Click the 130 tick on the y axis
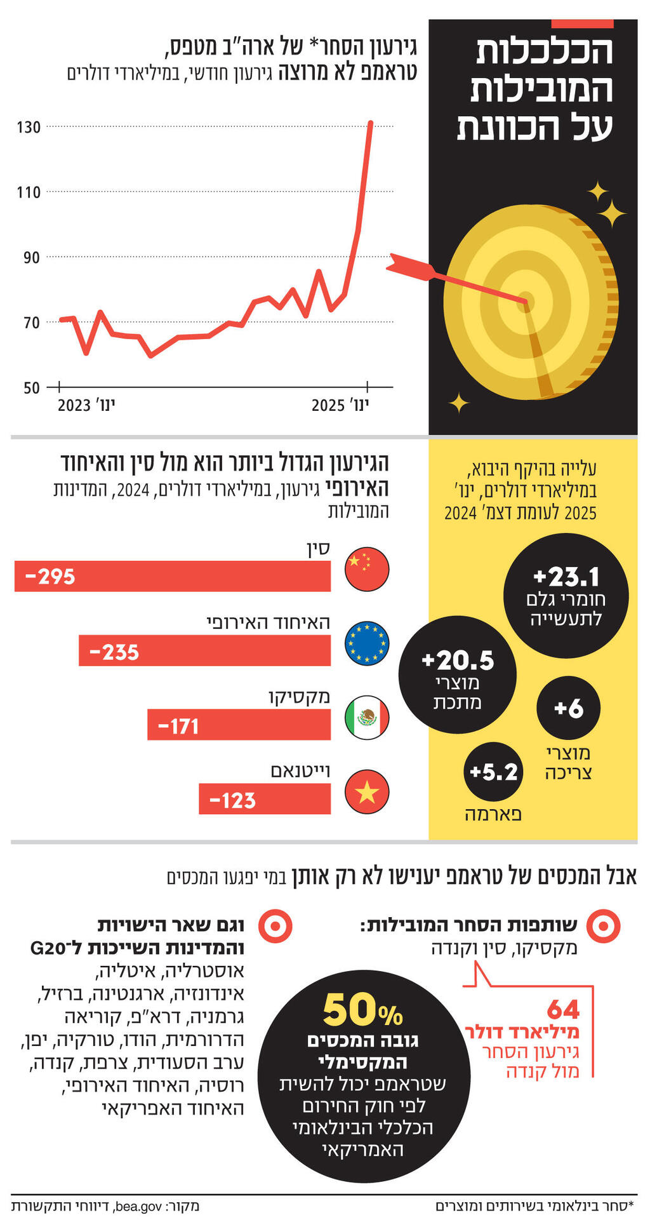coord(29,128)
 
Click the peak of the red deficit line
coord(371,123)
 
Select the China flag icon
coord(367,570)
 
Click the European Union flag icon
coord(367,644)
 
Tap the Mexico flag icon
coord(367,718)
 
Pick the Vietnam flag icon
coord(367,792)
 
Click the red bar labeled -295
coord(173,577)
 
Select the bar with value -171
coord(239,725)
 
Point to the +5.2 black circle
coord(494,772)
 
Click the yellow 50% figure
coord(362,1010)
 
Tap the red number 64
coord(563,1010)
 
